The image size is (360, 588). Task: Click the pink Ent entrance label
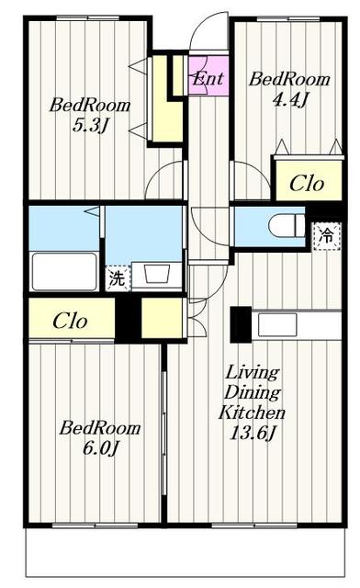208,78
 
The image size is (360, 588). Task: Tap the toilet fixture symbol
287,225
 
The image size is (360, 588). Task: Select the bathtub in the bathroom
64,272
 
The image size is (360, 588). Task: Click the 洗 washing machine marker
118,277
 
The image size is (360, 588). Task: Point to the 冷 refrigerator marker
327,236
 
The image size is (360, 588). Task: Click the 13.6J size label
252,433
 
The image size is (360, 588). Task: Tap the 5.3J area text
90,126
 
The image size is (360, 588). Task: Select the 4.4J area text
290,100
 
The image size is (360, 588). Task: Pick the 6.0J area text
100,447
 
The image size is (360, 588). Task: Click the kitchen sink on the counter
277,324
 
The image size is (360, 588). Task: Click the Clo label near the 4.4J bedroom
307,184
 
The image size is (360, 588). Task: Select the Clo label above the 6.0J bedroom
70,321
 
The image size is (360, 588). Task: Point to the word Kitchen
252,413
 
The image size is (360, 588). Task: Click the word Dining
252,392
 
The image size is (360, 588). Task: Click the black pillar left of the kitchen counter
241,324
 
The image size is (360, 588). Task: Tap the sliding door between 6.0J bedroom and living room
163,434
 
